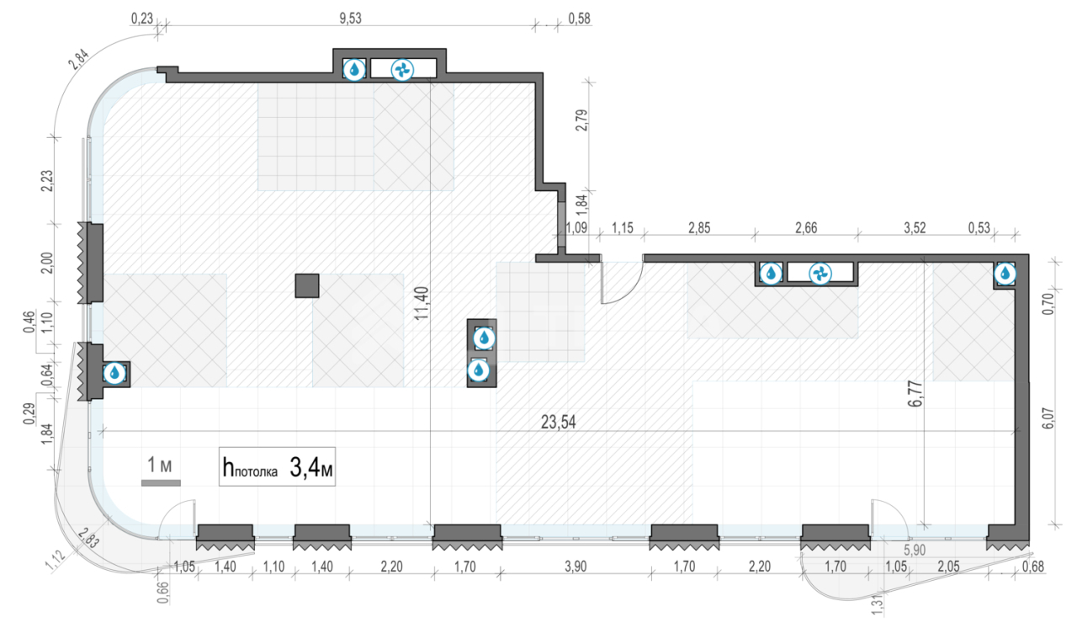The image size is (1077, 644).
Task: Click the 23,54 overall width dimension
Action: [x=558, y=422]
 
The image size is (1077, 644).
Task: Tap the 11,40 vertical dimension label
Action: [x=422, y=303]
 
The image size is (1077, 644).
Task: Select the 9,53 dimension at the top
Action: [x=350, y=19]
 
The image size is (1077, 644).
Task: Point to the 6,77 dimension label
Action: [x=915, y=393]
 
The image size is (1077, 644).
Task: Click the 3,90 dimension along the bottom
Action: [x=576, y=566]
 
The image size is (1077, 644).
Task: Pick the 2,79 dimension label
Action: [x=581, y=120]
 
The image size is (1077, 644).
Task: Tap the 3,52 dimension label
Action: [x=915, y=227]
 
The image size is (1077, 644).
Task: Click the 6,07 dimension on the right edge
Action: [x=1048, y=418]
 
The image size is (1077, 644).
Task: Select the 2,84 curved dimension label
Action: [x=78, y=60]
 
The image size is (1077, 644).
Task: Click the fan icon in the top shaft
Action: [x=402, y=70]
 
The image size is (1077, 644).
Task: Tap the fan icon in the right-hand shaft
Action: [x=820, y=274]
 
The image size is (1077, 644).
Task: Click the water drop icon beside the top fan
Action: [x=354, y=70]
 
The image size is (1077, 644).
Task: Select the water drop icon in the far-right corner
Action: [x=1005, y=274]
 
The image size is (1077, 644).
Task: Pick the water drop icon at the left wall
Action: [x=114, y=373]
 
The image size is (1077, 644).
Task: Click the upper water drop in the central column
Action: [x=484, y=338]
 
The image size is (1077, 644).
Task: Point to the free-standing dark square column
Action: [x=307, y=285]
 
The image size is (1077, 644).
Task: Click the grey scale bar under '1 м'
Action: [x=161, y=483]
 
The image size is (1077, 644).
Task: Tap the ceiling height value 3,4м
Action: [x=310, y=467]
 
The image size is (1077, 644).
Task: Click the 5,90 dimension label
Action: [x=914, y=550]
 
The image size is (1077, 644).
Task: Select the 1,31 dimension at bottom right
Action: [x=877, y=605]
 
